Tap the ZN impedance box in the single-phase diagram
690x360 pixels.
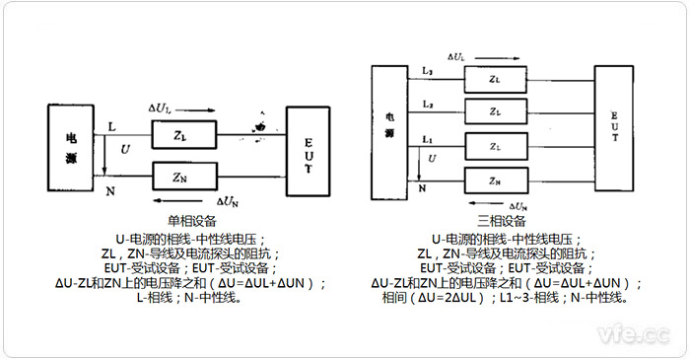(179, 179)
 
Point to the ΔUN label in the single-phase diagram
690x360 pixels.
(228, 199)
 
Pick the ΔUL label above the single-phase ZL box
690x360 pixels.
(160, 107)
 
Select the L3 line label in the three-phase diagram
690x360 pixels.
(426, 69)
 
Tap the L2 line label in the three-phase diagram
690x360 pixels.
(426, 103)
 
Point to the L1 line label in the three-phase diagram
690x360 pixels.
(426, 138)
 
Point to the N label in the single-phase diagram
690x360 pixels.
(111, 189)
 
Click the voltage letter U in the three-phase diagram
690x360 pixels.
(431, 160)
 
